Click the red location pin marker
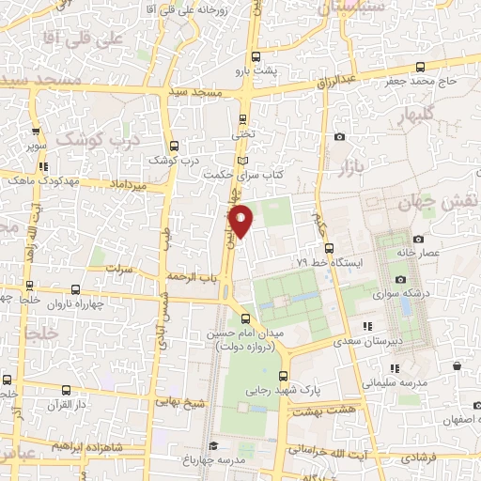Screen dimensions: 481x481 pyautogui.click(x=241, y=220)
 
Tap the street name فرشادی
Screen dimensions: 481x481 pyautogui.click(x=418, y=457)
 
